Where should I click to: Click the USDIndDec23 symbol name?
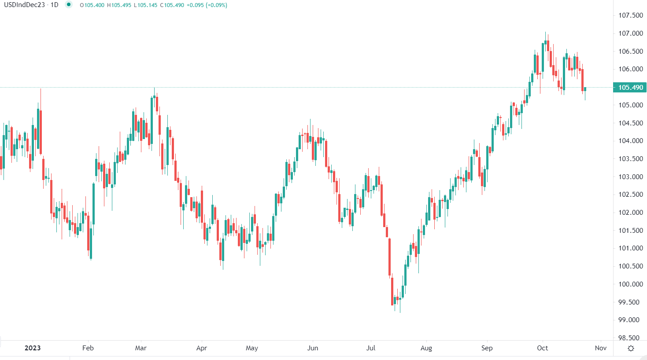click(25, 5)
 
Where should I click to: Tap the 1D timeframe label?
click(54, 5)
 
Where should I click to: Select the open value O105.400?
click(92, 5)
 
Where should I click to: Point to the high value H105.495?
click(119, 5)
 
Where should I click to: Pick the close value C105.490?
click(172, 5)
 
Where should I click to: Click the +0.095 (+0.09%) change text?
click(207, 5)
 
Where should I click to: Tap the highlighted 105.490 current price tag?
click(630, 87)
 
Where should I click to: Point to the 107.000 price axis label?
click(630, 33)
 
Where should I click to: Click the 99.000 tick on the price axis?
click(630, 320)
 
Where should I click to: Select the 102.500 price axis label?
click(630, 195)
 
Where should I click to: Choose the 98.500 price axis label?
click(630, 338)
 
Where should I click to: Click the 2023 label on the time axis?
click(33, 348)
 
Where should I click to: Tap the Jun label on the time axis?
click(313, 348)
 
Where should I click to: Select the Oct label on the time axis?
click(542, 348)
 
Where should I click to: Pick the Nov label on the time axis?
click(601, 348)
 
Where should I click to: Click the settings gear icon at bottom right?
click(631, 349)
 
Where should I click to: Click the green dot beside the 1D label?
click(69, 5)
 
